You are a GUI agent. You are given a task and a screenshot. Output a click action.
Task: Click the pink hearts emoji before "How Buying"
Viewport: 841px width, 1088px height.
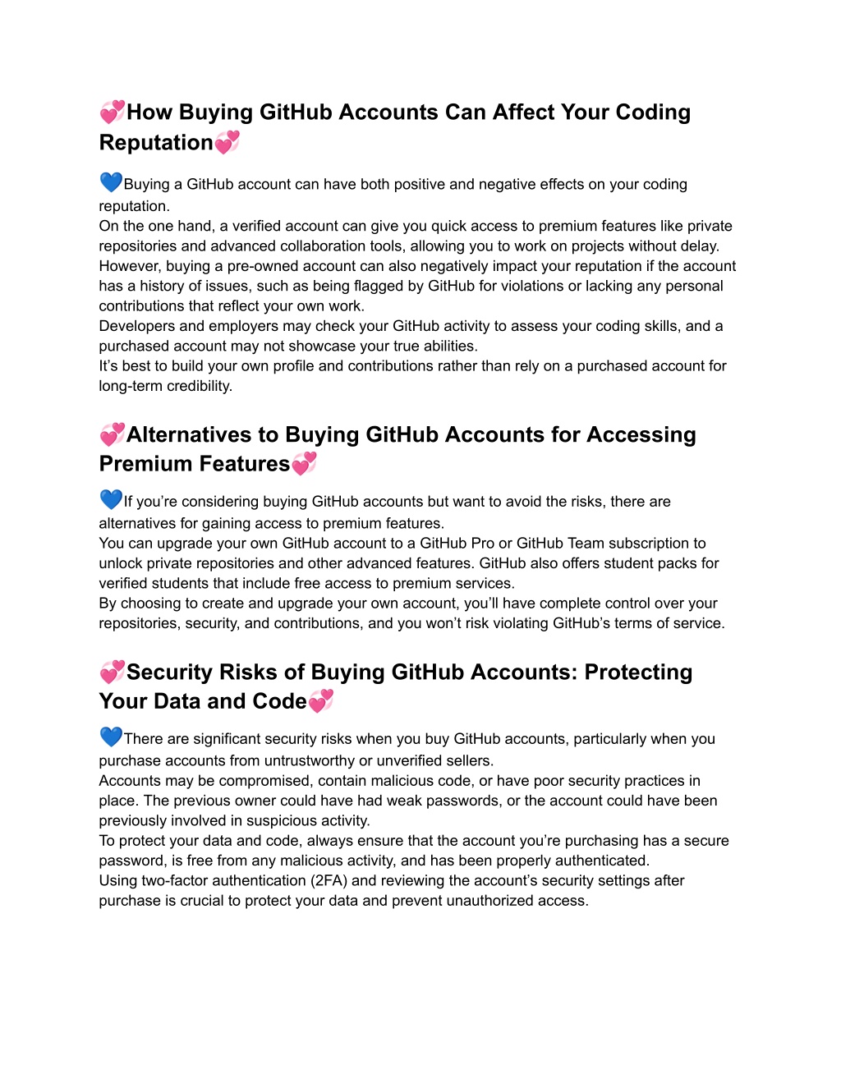click(113, 111)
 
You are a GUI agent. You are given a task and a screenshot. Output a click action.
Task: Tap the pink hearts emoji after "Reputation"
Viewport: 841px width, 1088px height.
click(227, 142)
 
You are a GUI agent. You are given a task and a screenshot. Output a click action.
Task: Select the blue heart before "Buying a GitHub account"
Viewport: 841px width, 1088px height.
click(111, 182)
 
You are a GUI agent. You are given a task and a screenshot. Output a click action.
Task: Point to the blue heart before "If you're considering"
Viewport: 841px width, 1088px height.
click(111, 499)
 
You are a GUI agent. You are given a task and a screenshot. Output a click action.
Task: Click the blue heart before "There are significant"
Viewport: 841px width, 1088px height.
click(111, 737)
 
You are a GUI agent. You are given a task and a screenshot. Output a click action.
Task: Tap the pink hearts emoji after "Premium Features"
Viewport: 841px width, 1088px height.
click(304, 464)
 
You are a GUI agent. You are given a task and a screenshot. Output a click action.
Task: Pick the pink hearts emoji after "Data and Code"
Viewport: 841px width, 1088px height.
click(320, 701)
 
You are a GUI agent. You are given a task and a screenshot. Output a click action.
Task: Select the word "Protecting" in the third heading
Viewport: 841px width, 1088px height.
click(638, 672)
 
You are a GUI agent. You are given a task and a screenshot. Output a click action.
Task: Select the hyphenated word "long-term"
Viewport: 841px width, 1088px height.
click(131, 386)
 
